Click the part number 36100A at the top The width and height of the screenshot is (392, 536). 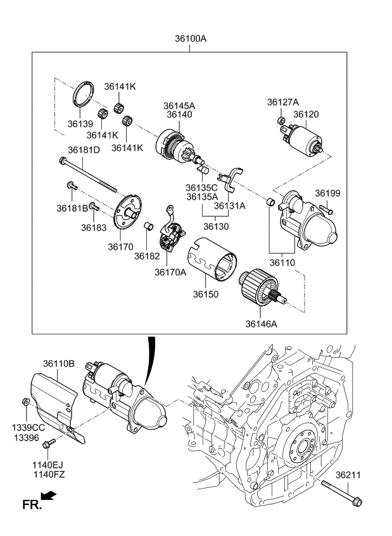point(191,39)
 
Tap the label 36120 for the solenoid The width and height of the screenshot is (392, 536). point(306,114)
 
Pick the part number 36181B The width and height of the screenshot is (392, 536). point(72,208)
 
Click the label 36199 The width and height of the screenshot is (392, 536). point(327,193)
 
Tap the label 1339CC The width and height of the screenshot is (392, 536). point(28,428)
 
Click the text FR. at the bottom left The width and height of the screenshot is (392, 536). point(31,504)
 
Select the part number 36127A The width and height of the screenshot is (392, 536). point(282,102)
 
